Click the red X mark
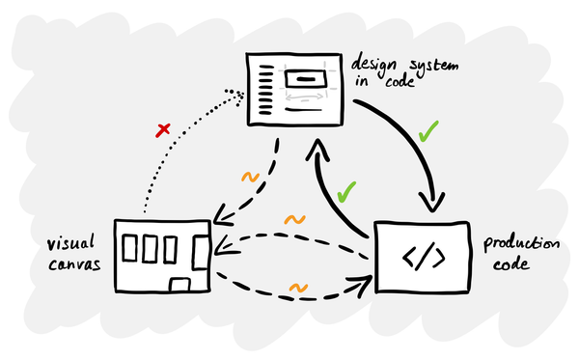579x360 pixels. point(163,128)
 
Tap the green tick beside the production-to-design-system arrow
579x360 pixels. point(347,191)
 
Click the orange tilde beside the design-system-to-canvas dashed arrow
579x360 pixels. point(249,179)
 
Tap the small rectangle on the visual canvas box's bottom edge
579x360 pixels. point(178,283)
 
